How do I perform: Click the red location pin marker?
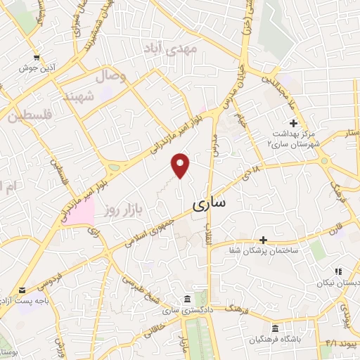tap(181, 165)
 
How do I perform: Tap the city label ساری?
tap(209, 204)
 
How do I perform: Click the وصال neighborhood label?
tap(112, 76)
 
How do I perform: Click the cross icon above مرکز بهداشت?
tap(292, 123)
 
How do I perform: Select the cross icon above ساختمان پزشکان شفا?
tap(263, 240)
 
